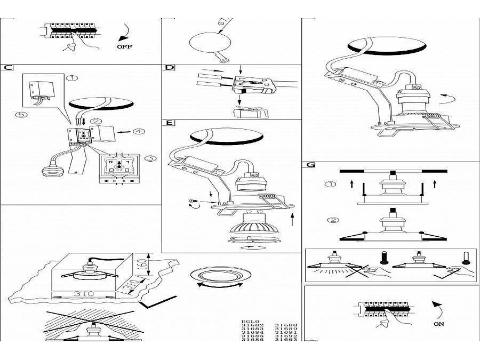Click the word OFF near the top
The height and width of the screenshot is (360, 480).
click(124, 46)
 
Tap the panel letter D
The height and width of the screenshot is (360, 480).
click(169, 68)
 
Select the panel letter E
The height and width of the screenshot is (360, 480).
click(169, 123)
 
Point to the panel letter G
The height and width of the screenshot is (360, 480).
click(309, 165)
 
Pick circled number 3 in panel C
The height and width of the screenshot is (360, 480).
click(151, 158)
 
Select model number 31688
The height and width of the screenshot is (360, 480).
click(286, 325)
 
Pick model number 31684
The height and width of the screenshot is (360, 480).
click(252, 334)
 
